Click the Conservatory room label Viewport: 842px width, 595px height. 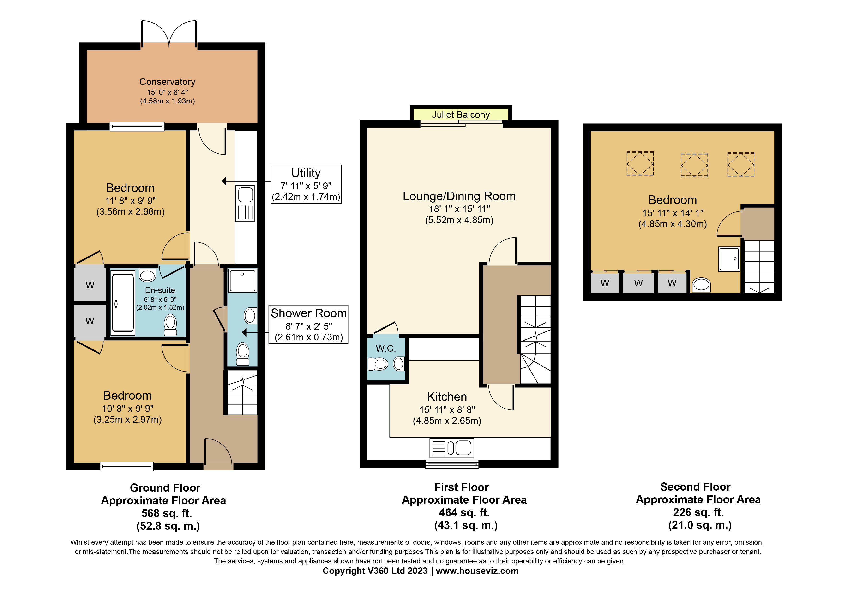(167, 82)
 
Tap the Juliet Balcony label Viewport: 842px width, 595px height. (461, 115)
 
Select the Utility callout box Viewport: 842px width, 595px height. (306, 184)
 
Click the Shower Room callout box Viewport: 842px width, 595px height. (308, 325)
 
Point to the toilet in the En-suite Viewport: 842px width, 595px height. (170, 325)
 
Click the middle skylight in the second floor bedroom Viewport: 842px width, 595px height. (694, 165)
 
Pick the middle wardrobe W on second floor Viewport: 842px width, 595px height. (638, 283)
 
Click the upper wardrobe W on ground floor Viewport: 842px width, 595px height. (90, 285)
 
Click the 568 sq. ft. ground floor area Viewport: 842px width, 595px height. (167, 513)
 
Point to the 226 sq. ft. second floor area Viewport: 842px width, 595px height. (698, 512)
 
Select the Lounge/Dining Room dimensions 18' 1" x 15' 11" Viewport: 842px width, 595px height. (459, 209)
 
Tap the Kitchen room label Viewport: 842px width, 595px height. (447, 397)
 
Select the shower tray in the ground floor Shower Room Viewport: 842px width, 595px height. (242, 280)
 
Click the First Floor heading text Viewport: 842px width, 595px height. (461, 487)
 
